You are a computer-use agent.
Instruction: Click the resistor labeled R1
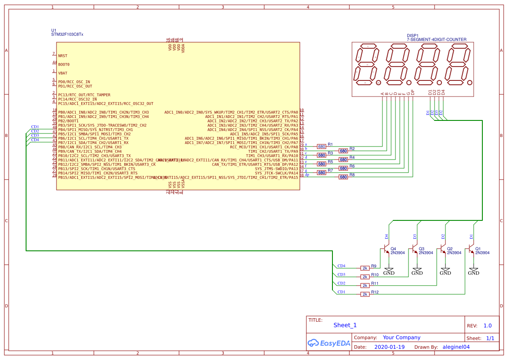click(322, 147)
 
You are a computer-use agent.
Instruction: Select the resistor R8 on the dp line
click(343, 177)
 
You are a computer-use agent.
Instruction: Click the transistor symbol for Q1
click(471, 250)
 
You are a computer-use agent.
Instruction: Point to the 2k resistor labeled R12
click(365, 294)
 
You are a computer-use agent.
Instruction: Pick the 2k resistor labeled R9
click(365, 268)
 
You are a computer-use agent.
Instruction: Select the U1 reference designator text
click(54, 30)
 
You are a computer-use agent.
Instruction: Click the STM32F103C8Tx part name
click(67, 34)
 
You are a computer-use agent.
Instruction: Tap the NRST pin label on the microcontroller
click(63, 56)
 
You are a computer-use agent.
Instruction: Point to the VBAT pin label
click(63, 73)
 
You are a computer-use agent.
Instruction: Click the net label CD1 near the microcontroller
click(35, 127)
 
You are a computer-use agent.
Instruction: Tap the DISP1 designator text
click(412, 36)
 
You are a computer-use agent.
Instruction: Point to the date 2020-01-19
click(389, 347)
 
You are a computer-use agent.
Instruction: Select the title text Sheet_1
click(345, 325)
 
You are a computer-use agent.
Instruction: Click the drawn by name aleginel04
click(456, 347)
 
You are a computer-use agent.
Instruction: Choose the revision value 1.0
click(488, 326)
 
